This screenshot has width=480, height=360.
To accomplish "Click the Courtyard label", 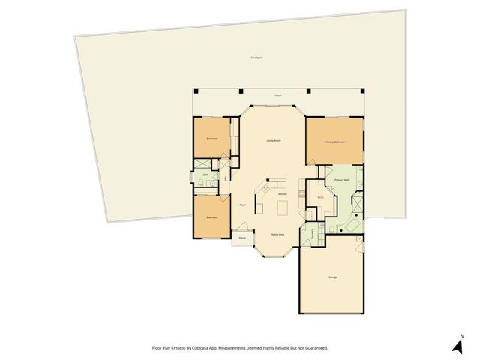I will pos(256,58).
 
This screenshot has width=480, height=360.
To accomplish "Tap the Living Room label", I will pos(274,140).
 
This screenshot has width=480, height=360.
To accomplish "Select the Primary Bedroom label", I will pos(334,142).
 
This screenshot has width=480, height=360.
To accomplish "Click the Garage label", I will pos(332,277).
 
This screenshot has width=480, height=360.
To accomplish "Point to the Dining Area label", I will pos(277,235).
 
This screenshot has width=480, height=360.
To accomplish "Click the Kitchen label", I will pos(283,194).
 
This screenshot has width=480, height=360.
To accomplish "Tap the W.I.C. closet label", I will pos(320,198).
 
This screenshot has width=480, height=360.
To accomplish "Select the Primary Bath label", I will pos(342,181).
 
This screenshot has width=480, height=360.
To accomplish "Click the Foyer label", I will pos(243,204).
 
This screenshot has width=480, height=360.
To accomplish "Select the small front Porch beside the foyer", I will pos(241,238).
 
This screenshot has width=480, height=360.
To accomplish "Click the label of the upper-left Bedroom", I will pos(212,139).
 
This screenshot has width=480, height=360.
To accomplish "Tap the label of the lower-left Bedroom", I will pos(212,217).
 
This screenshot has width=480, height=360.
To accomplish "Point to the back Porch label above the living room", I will pos(277,95).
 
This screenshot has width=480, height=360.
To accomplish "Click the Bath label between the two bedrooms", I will pos(205,175).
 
